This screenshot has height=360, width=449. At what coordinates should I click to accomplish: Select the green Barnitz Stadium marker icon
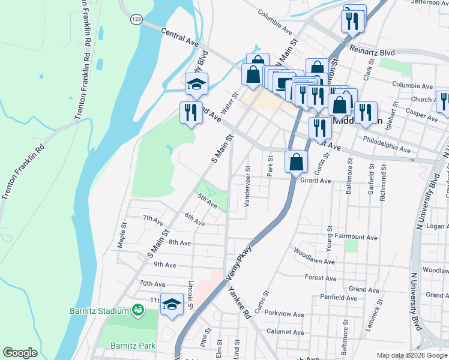(138, 310)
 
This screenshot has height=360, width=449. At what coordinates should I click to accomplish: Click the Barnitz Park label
(133, 346)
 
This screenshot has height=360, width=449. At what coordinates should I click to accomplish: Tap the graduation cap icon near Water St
(196, 85)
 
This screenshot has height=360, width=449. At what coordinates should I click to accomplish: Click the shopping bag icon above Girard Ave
(297, 161)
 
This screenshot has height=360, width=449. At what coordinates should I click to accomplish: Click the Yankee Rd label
(240, 305)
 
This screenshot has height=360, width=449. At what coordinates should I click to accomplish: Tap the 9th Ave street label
(164, 265)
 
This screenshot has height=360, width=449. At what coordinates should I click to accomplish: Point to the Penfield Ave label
(339, 297)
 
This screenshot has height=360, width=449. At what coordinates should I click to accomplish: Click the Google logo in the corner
(20, 352)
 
